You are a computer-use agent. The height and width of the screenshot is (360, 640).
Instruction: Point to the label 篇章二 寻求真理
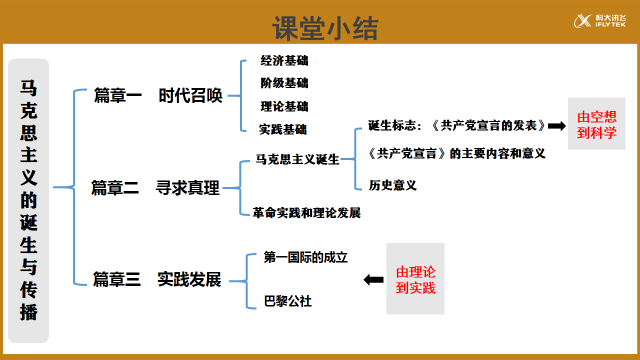[155, 188]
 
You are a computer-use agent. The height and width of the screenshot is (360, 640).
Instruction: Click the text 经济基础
[284, 60]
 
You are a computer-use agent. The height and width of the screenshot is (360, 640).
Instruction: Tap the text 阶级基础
[284, 83]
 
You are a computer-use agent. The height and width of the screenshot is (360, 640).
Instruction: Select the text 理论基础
[284, 106]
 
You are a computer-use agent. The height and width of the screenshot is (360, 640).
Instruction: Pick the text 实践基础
[283, 129]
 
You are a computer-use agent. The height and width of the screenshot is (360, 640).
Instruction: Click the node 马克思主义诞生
[297, 160]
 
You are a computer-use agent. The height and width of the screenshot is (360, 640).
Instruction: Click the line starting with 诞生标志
[456, 126]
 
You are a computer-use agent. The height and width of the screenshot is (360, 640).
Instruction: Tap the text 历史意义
[393, 184]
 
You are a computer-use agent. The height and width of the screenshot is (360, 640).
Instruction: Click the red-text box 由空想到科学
[596, 124]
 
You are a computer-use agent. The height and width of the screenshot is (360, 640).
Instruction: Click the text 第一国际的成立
[305, 257]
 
